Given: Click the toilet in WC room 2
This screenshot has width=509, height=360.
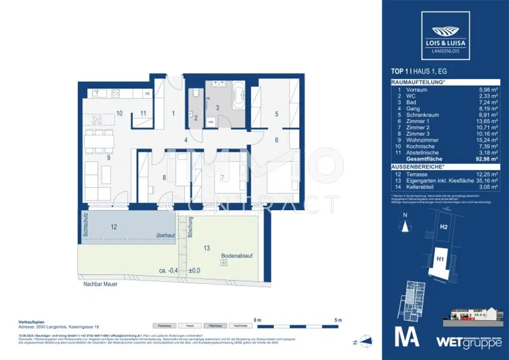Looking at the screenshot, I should pos(197,94).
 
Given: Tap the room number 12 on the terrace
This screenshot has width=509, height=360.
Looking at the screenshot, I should pos(114,227).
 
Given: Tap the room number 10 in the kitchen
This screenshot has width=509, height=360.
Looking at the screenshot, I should pos(119,113).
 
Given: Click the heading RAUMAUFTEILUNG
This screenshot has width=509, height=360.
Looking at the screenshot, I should pos(418,83).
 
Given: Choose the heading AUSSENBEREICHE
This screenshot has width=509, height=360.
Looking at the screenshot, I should pos(417,167).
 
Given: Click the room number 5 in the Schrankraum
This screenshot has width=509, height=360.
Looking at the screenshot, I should pos(277,113).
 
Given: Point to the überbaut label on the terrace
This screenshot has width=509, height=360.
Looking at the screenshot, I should pos(165,235).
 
